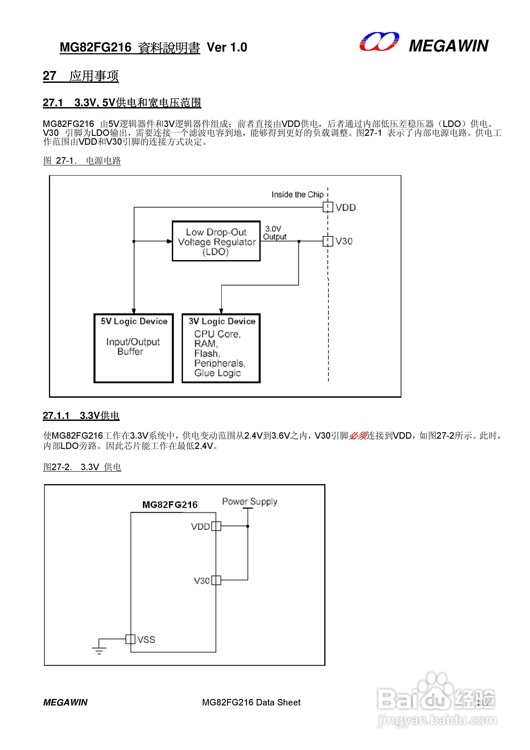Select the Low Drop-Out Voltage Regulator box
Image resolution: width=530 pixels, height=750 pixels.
coord(216,241)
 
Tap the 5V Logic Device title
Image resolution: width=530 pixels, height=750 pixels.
coord(134,321)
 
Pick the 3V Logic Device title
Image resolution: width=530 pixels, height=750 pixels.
coord(222,321)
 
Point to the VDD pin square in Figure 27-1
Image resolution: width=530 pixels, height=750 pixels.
coord(327,207)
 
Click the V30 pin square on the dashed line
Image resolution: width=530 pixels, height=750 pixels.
coord(327,241)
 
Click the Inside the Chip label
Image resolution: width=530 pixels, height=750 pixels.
coord(297,194)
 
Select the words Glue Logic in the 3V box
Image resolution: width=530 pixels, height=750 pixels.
coord(217,373)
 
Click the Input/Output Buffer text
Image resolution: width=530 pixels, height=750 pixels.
coord(133,346)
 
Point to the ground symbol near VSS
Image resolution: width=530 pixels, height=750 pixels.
coord(99,651)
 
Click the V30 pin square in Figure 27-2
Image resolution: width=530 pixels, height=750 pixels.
coord(216,580)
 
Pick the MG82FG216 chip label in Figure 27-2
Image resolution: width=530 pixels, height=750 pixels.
coord(170,505)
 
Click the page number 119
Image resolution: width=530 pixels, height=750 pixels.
coord(482,702)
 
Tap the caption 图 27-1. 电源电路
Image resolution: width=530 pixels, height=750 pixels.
coord(82,161)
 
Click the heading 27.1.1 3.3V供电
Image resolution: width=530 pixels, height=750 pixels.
coord(81,416)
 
